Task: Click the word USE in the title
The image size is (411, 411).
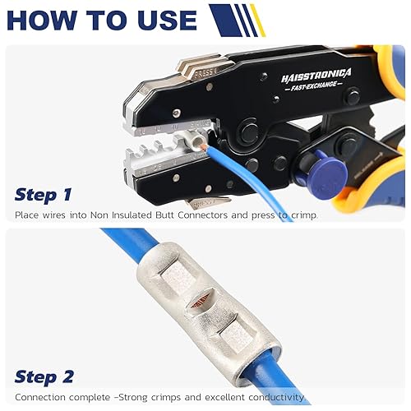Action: tap(164, 20)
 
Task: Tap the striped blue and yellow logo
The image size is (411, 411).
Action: tap(236, 20)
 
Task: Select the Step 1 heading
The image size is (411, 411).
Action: tap(43, 195)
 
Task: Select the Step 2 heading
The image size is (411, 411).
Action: tap(44, 377)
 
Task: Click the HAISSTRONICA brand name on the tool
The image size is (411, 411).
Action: tap(315, 74)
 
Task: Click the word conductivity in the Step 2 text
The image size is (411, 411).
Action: tap(275, 398)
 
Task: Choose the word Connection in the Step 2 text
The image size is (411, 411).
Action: tap(42, 398)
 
